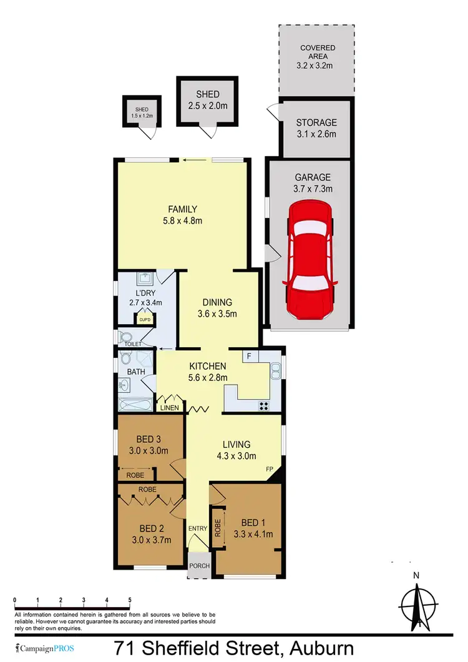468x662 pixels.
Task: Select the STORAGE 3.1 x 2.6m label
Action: click(316, 128)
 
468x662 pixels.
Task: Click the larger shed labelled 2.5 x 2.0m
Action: click(207, 100)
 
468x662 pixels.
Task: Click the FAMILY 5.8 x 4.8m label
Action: click(182, 214)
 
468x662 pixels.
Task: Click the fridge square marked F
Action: click(249, 357)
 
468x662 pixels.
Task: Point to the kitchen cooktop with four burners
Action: click(264, 405)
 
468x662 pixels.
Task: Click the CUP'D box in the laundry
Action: click(145, 320)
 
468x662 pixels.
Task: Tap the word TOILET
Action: click(134, 343)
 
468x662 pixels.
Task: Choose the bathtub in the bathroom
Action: click(135, 405)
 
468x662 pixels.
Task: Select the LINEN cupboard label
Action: click(170, 408)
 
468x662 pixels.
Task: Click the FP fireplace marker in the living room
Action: click(270, 468)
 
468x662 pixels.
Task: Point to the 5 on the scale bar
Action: click(130, 600)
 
